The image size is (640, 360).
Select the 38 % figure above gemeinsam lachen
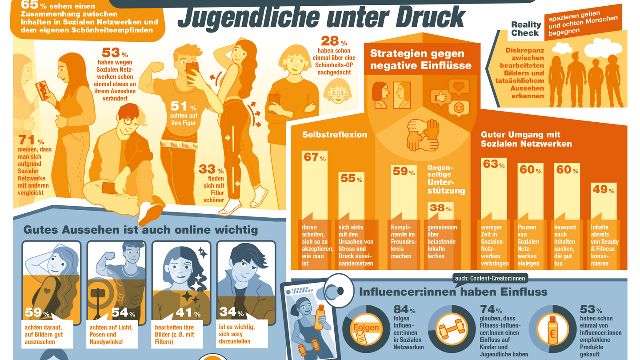click(440, 208)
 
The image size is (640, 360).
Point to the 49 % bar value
click(603, 189)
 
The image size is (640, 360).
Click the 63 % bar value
click(493, 164)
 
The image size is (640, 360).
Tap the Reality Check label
click(526, 29)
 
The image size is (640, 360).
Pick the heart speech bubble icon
click(459, 86)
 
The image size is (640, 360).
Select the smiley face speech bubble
click(458, 108)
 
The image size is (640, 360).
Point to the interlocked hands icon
click(423, 134)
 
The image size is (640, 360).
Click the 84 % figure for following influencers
click(404, 309)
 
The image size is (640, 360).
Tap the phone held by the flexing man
click(192, 72)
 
